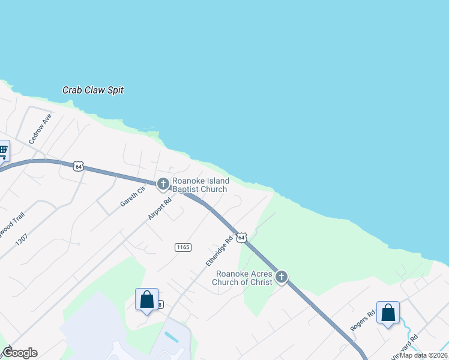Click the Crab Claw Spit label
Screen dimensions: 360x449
pyautogui.click(x=93, y=91)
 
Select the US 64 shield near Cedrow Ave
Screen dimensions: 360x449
pyautogui.click(x=78, y=166)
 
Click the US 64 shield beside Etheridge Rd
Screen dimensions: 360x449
pyautogui.click(x=241, y=238)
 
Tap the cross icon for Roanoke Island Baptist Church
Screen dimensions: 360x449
pyautogui.click(x=163, y=184)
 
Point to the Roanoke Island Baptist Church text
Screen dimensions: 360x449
pyautogui.click(x=200, y=185)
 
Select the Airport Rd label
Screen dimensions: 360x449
pyautogui.click(x=160, y=208)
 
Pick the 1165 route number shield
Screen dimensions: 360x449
pyautogui.click(x=183, y=247)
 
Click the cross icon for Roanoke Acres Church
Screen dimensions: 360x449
pyautogui.click(x=282, y=277)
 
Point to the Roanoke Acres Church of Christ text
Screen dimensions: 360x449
pyautogui.click(x=244, y=278)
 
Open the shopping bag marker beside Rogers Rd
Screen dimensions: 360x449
pyautogui.click(x=388, y=313)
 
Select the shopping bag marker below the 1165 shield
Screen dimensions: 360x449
pyautogui.click(x=147, y=299)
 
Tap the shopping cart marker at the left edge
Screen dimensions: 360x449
pyautogui.click(x=3, y=151)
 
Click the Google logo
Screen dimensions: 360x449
pyautogui.click(x=20, y=353)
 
